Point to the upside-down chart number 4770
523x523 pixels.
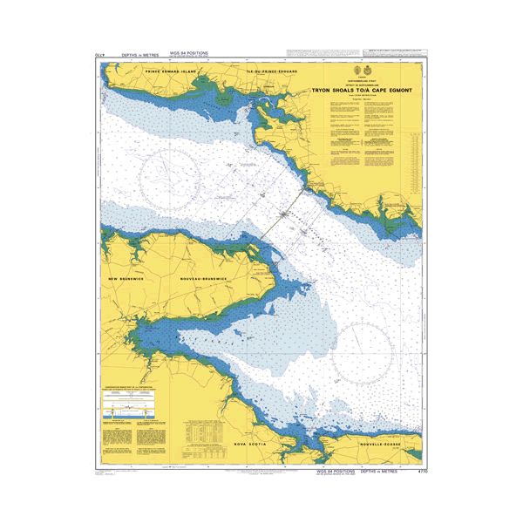99,55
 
